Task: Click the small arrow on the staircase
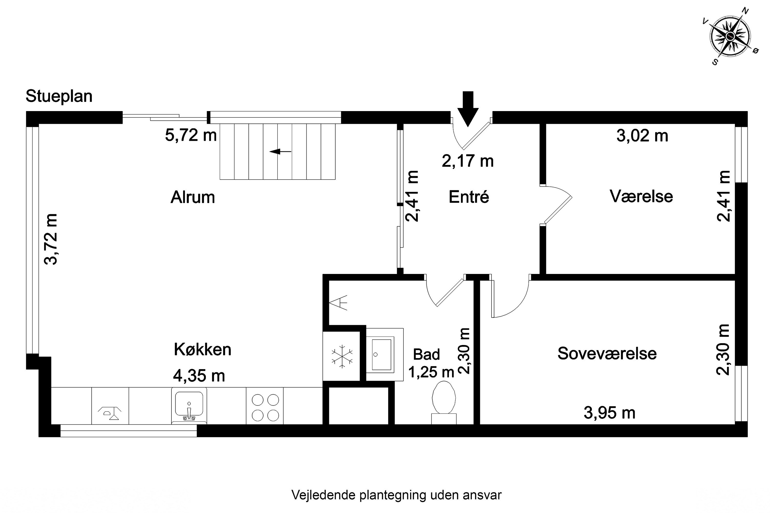(280, 152)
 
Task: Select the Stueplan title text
(59, 96)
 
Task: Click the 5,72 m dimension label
(190, 135)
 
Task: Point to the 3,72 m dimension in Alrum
(51, 239)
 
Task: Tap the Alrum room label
(192, 197)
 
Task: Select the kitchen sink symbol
(189, 406)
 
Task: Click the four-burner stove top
(265, 408)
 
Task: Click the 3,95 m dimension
(609, 413)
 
